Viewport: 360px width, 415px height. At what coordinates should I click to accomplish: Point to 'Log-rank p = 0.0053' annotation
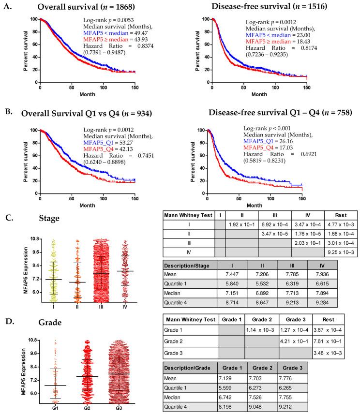pyautogui.click(x=107, y=21)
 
